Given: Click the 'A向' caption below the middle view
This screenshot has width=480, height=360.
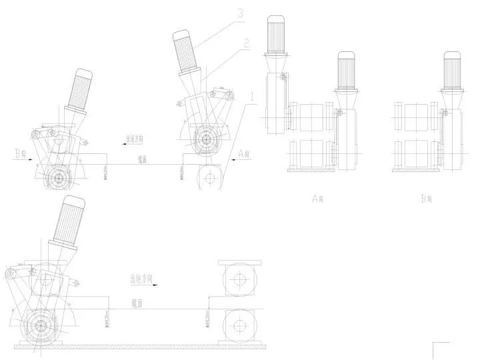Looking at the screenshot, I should click(x=317, y=198).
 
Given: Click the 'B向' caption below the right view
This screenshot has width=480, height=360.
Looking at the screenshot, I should click(x=427, y=198).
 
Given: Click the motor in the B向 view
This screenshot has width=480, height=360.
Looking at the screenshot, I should click(x=454, y=70).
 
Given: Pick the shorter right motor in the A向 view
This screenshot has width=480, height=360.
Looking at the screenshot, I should click(x=346, y=69).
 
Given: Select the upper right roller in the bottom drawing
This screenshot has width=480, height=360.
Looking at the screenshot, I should click(x=238, y=278).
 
